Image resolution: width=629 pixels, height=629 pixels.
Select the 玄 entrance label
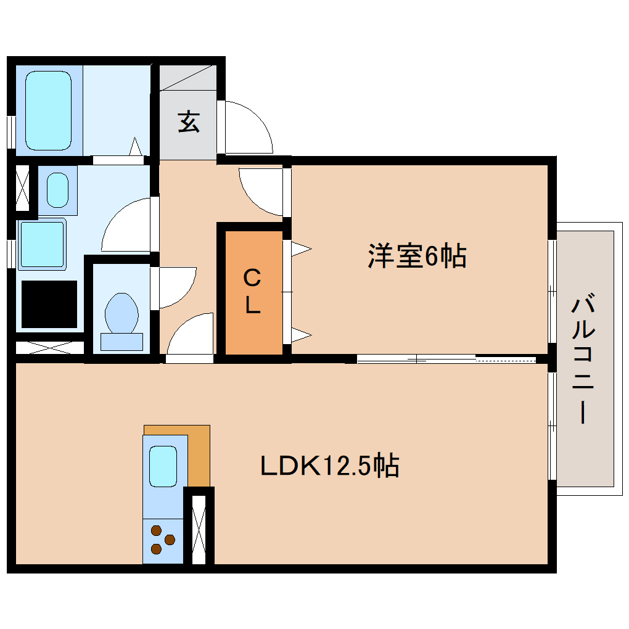point(189,121)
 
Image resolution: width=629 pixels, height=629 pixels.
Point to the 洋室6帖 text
point(417,256)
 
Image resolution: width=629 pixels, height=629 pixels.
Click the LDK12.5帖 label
point(330,466)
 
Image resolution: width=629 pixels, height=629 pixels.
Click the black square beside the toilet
point(49,304)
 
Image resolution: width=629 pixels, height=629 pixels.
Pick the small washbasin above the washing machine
point(57,190)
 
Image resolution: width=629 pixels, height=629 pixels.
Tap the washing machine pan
point(42,244)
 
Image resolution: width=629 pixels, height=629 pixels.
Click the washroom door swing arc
point(126,225)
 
